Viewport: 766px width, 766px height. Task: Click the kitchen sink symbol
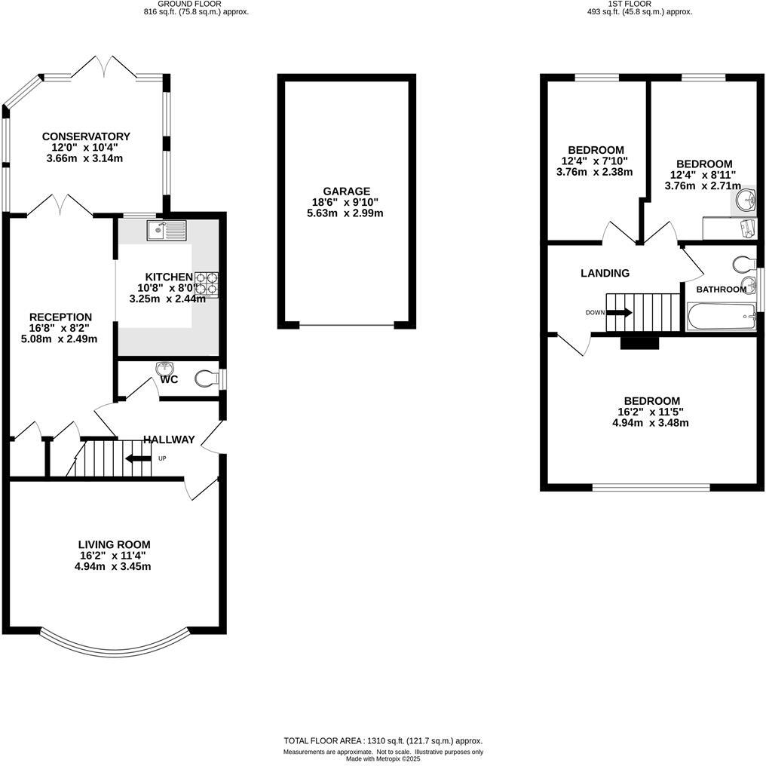167,229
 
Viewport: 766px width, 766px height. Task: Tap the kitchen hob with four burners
207,283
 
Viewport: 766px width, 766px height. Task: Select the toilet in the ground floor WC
205,378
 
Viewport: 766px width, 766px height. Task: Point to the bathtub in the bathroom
721,317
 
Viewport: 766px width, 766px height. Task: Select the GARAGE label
347,191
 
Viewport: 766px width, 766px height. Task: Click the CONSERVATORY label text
86,136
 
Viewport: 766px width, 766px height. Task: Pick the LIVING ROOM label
114,544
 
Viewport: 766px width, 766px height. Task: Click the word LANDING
605,273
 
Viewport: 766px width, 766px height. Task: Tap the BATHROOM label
722,290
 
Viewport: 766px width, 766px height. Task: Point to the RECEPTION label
60,317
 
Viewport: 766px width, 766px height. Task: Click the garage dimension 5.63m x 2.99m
347,213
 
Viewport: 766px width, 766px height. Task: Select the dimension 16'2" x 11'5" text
651,412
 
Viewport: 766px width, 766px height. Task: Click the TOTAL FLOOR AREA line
382,741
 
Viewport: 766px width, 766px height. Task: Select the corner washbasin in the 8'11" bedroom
745,200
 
